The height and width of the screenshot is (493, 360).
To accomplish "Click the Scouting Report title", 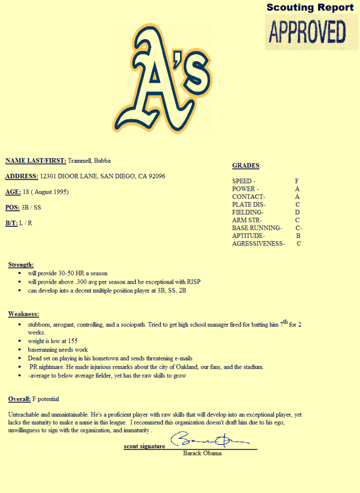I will pos(310,7).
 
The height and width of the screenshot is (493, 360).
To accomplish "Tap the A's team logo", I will pos(162,78).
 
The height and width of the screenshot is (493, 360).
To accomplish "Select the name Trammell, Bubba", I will pos(89,161).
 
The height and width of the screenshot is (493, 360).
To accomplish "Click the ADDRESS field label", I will pos(22,176).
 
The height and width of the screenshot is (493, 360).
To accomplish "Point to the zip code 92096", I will pos(156,176).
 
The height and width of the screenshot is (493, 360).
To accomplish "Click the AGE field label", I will pos(13,192).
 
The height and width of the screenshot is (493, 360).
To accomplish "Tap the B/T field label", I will pos(12,223).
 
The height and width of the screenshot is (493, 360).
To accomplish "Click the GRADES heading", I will pos(246,166).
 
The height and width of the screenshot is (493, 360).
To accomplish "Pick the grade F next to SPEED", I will pos(297,181).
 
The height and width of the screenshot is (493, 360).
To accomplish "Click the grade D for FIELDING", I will pos(297,212).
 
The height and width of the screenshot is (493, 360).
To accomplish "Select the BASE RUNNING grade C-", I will pos(299,228).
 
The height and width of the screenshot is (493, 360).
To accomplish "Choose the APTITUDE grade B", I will pos(298,235).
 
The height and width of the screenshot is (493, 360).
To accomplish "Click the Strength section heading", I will pos(21,265).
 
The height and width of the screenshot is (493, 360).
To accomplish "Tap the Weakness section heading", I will pos(23,314).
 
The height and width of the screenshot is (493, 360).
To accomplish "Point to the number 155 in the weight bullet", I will pos(72,341).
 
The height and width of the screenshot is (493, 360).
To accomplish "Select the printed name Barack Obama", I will pos(202,453).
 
